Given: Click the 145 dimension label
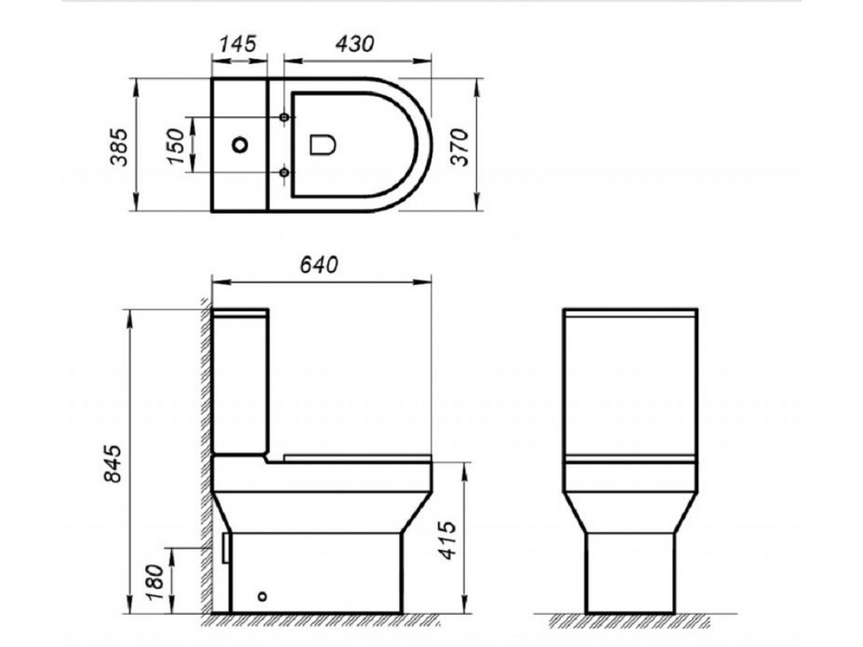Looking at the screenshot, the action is (x=238, y=44).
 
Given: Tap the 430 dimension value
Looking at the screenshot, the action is (x=355, y=44).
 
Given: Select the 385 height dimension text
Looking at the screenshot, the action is (x=119, y=147).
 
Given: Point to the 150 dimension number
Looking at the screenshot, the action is (x=175, y=146).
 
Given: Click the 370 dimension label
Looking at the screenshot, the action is (x=460, y=147).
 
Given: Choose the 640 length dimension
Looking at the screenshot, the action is (x=319, y=265).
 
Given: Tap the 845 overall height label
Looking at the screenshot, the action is (x=113, y=463).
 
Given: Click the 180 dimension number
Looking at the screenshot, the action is (x=155, y=582).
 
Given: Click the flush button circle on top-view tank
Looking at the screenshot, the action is (x=239, y=145).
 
